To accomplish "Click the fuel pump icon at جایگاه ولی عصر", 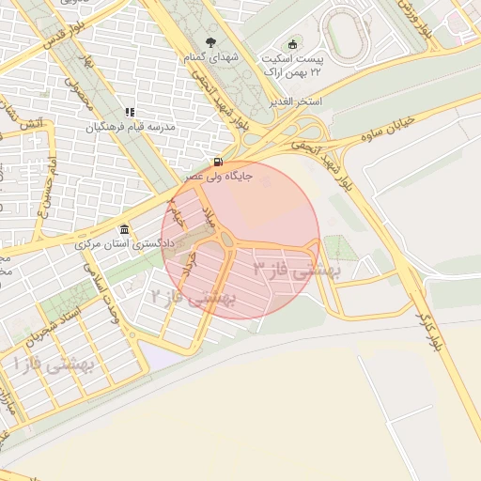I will (218, 161).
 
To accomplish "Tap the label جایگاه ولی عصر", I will (218, 176).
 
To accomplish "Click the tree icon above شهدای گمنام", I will (209, 41).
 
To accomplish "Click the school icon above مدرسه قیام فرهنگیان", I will (130, 113).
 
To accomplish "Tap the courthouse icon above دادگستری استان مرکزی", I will (124, 230).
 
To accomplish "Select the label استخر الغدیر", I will (296, 101).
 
